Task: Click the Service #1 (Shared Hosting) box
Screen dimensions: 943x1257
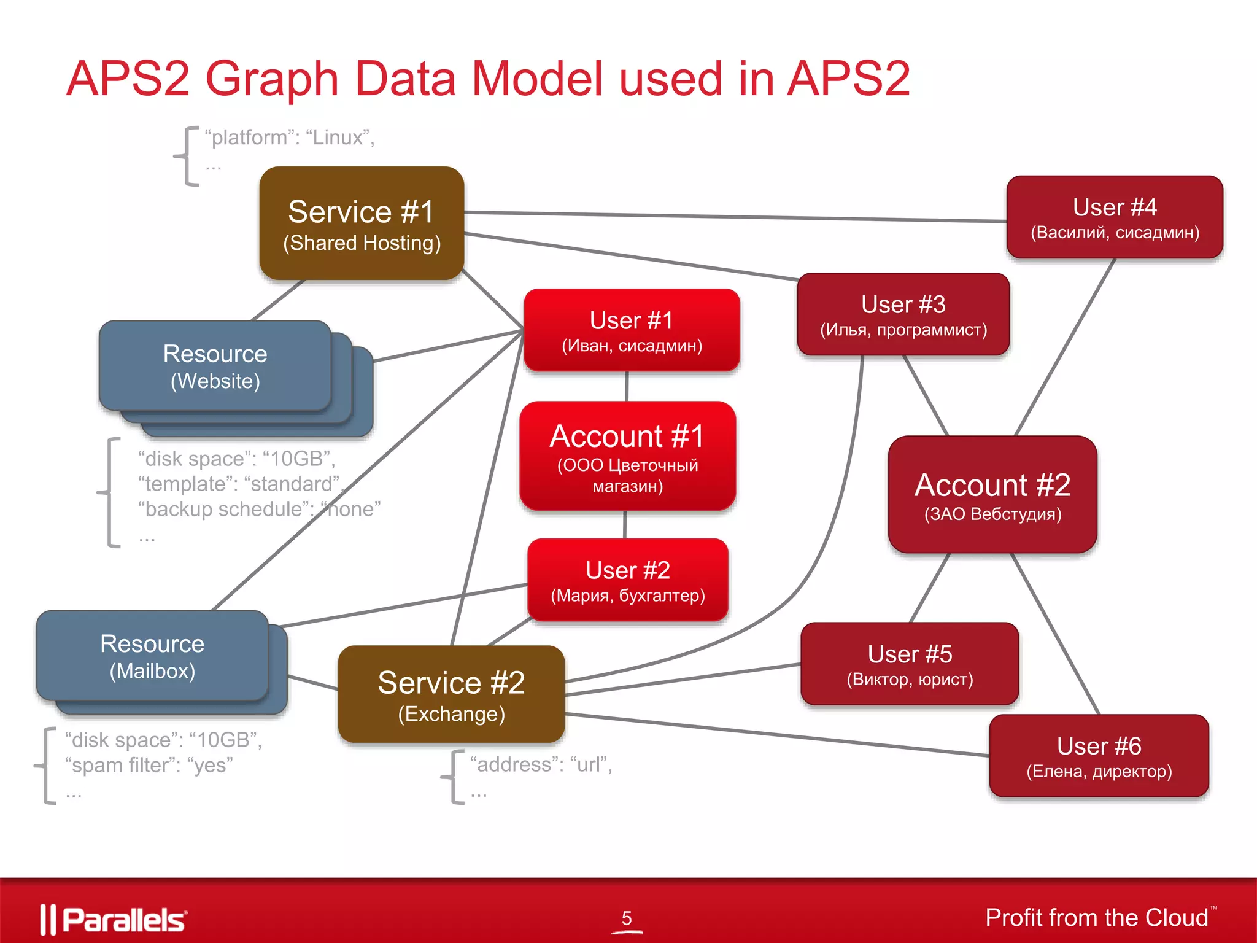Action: pos(362,224)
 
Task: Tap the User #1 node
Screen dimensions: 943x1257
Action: pos(632,330)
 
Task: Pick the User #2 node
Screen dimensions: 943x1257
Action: pos(628,580)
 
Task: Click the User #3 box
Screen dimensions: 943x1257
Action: pos(903,314)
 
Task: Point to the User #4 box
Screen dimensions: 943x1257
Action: pos(1115,217)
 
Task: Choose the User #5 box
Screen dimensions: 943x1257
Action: pos(910,664)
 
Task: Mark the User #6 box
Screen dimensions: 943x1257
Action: pos(1099,756)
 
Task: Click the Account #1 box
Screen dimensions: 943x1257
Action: pos(627,456)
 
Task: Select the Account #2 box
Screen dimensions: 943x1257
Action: pos(992,495)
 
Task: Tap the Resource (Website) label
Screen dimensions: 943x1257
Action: pos(215,367)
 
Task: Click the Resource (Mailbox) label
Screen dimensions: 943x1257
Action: pos(152,656)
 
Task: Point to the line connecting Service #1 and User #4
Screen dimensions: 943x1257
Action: pos(737,217)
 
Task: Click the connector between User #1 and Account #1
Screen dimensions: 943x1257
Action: pos(627,386)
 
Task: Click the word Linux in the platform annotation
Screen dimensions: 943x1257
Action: pos(337,138)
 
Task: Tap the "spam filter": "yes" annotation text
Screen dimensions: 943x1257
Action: pos(149,766)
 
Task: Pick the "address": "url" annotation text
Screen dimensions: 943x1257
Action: pos(541,765)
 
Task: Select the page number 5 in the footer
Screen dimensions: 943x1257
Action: pos(627,918)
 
